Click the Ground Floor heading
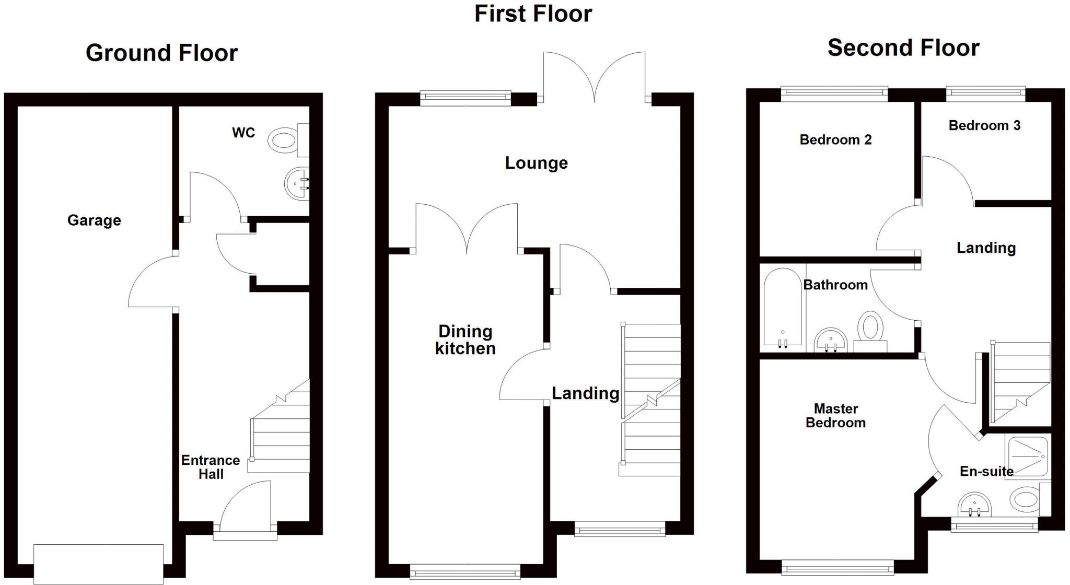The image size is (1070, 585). pyautogui.click(x=161, y=53)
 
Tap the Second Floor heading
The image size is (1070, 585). pyautogui.click(x=903, y=48)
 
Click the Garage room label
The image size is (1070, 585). pyautogui.click(x=94, y=220)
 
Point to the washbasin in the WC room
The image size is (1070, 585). pyautogui.click(x=297, y=183)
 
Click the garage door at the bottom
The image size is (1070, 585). pyautogui.click(x=98, y=564)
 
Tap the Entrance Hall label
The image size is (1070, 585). pyautogui.click(x=211, y=467)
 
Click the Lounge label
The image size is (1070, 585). pyautogui.click(x=536, y=163)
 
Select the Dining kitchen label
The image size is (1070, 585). pyautogui.click(x=465, y=340)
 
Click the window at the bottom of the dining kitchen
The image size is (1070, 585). pyautogui.click(x=465, y=571)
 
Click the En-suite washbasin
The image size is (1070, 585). pyautogui.click(x=974, y=505)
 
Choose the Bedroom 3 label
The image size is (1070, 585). pyautogui.click(x=984, y=126)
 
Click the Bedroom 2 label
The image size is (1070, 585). pyautogui.click(x=835, y=140)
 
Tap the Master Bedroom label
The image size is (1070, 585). pyautogui.click(x=835, y=416)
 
